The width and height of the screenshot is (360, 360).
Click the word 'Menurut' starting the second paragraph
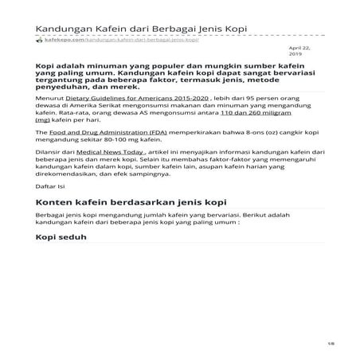(50, 119)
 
